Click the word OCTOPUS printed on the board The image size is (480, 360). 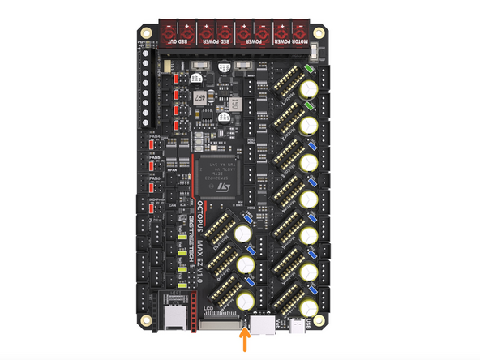[x=197, y=218]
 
